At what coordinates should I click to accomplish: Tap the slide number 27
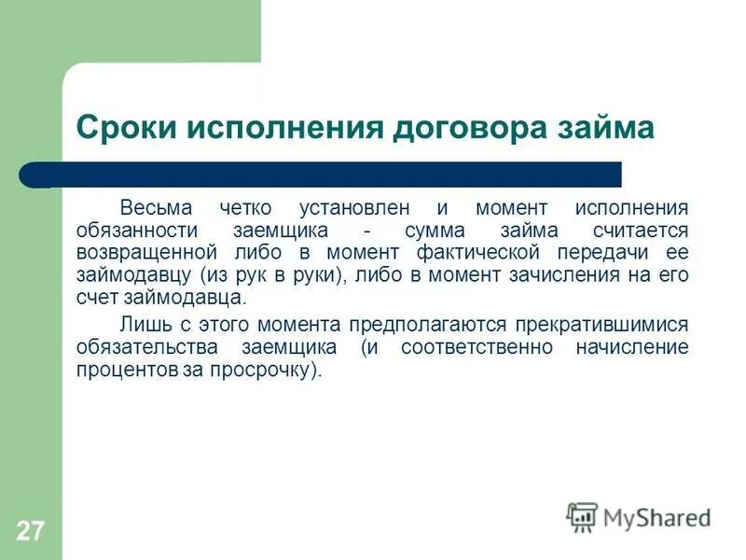pos(29,531)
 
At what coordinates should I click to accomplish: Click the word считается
pos(640,230)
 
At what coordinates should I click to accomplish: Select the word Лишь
pos(141,324)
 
